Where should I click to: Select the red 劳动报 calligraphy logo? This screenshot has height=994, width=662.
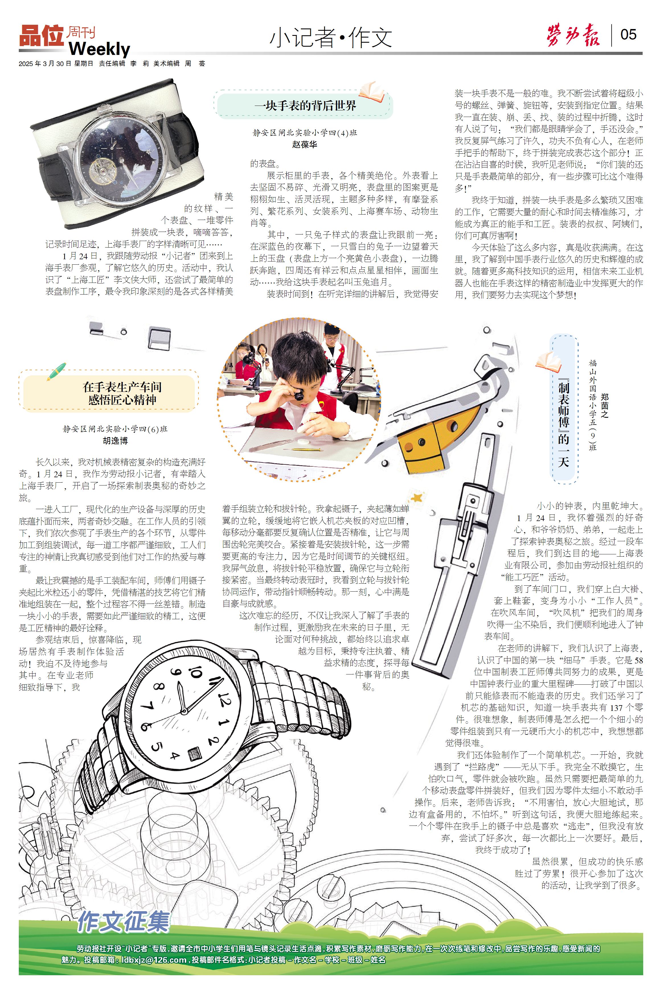click(573, 36)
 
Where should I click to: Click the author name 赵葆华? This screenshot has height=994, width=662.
click(304, 144)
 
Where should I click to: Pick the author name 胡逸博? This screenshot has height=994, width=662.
click(115, 441)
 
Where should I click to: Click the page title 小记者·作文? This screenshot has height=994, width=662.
click(331, 38)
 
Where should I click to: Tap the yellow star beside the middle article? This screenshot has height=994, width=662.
click(417, 497)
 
